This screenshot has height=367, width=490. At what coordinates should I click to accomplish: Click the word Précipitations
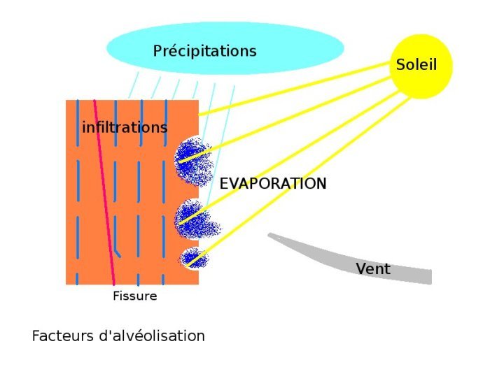(204, 51)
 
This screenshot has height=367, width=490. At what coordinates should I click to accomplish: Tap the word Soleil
(416, 65)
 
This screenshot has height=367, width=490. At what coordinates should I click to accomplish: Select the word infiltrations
(125, 128)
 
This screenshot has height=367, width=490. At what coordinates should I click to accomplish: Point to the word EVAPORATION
(273, 184)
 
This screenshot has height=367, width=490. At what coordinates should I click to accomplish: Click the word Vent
(372, 269)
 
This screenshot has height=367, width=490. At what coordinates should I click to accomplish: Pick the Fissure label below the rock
(134, 296)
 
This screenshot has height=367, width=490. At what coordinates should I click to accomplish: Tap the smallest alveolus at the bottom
(191, 259)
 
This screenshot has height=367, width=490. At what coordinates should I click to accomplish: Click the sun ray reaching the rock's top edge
(294, 87)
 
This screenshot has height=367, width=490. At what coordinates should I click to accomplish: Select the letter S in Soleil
(400, 65)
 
